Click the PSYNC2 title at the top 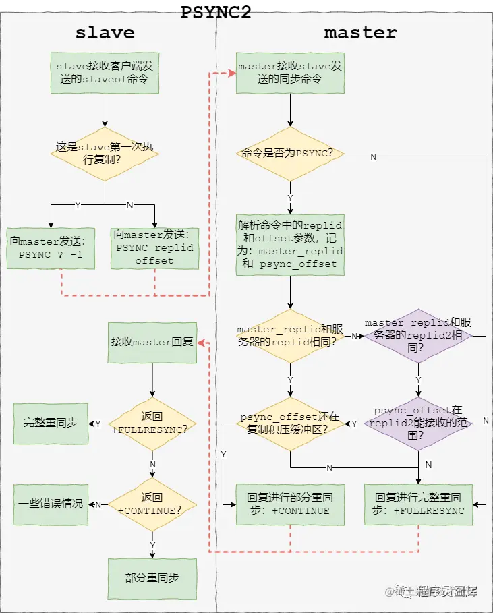click(x=216, y=12)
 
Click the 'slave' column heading click(x=105, y=32)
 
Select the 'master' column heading click(x=360, y=32)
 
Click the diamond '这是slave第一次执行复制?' click(x=105, y=153)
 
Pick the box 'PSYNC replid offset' click(x=154, y=248)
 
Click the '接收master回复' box click(x=152, y=342)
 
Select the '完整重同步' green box click(x=51, y=424)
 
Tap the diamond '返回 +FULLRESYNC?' click(x=152, y=424)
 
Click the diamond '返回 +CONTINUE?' click(x=152, y=504)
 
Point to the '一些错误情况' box click(x=51, y=504)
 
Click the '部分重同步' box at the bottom click(x=152, y=579)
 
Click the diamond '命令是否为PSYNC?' click(x=290, y=154)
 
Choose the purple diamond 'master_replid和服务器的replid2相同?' click(x=418, y=335)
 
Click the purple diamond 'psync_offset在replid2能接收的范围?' click(x=418, y=424)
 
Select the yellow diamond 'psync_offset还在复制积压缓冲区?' click(x=290, y=424)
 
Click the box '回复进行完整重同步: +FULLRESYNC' click(x=418, y=504)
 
